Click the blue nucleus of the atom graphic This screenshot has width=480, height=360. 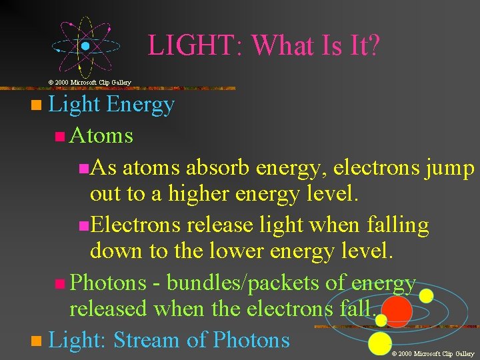[x=86, y=47]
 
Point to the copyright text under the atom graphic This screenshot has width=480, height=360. [x=90, y=82]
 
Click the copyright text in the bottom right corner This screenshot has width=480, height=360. [x=433, y=353]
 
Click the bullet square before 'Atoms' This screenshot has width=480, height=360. [x=60, y=137]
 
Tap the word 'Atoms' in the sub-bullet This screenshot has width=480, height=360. [x=101, y=136]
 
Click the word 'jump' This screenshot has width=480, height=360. [x=449, y=169]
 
